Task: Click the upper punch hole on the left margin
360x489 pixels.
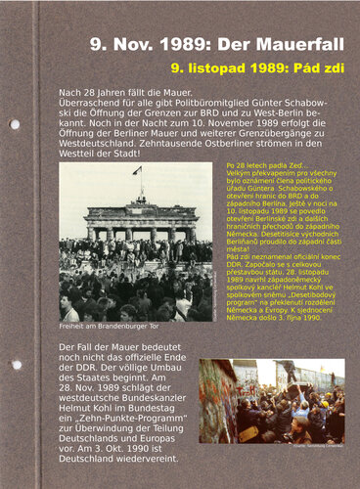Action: coord(15,124)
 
